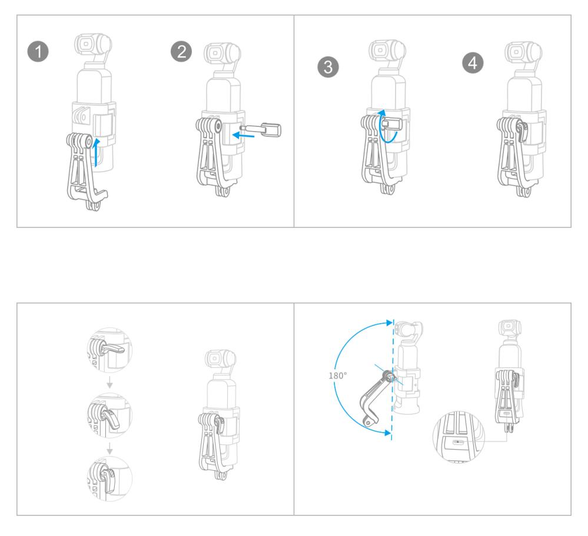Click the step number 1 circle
pos(38,51)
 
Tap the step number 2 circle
pos(181,51)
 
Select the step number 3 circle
pos(328,66)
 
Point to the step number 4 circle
pos(473,62)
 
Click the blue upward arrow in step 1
pos(97,152)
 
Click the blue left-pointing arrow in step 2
pos(243,135)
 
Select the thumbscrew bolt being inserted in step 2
pos(261,130)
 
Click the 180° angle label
pos(338,376)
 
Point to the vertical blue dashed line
pos(392,380)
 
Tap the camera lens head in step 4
pos(523,51)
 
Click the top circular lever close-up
pos(109,350)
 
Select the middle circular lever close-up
pos(109,415)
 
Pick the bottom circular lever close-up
pos(109,478)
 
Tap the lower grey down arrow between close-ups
pos(109,448)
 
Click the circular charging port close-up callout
pos(459,437)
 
